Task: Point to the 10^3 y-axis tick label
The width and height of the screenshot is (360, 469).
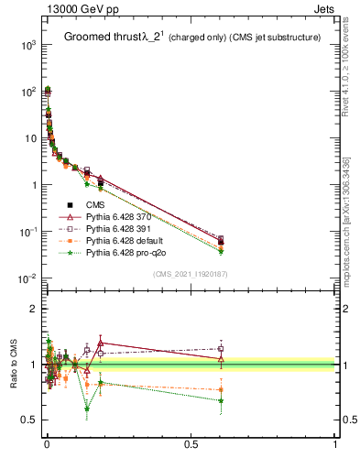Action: click(28, 44)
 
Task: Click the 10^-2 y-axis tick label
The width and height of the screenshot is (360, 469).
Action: click(28, 278)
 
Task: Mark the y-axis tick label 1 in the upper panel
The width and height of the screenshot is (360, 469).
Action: click(33, 185)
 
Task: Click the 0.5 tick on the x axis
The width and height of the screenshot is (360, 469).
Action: click(191, 444)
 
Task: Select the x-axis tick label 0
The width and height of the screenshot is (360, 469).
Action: click(47, 444)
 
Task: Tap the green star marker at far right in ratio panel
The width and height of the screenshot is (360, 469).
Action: click(221, 400)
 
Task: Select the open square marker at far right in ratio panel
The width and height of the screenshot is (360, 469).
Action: click(221, 348)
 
